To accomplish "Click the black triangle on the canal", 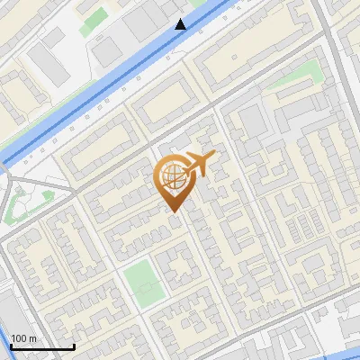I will pyautogui.click(x=181, y=24).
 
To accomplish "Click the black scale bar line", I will pyautogui.click(x=42, y=346).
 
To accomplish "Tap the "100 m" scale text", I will pyautogui.click(x=24, y=338).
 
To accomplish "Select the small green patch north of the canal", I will pyautogui.click(x=92, y=23).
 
